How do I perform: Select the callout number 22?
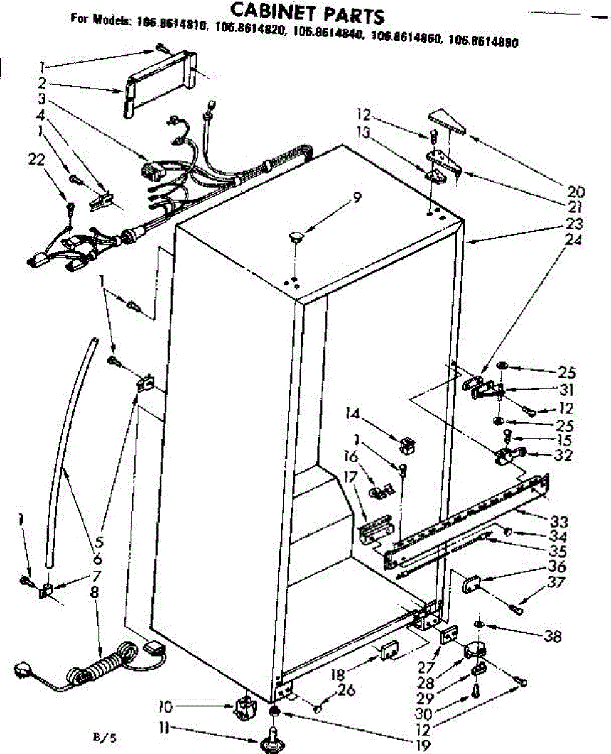36,160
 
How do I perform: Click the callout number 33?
559,521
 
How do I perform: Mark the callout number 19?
422,745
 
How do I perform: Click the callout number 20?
575,192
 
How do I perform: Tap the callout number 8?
94,591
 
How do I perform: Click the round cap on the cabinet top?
296,236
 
